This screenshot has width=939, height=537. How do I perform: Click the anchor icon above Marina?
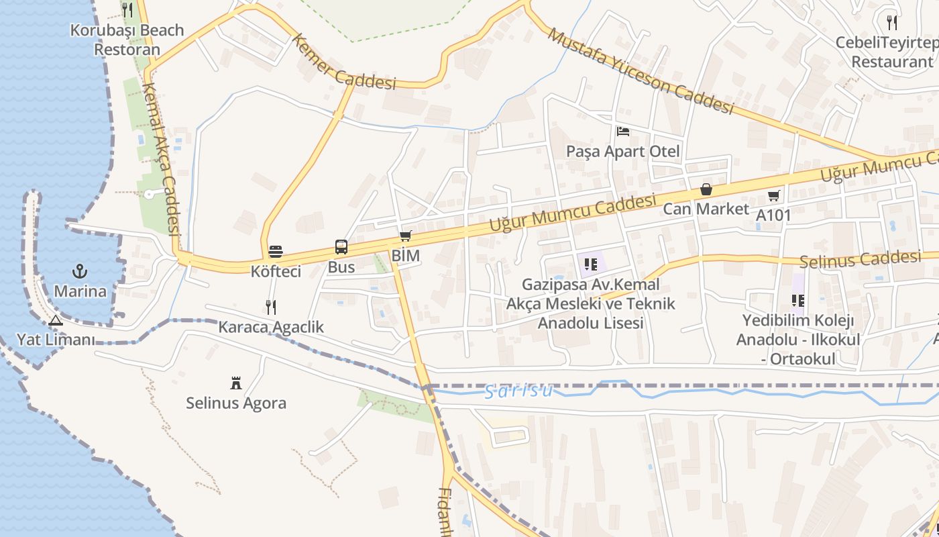[80, 272]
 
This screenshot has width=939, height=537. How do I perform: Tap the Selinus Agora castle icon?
[235, 383]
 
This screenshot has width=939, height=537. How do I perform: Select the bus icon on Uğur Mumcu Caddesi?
[341, 247]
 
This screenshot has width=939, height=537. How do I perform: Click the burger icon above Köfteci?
[276, 252]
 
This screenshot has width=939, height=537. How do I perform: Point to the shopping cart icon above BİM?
[405, 236]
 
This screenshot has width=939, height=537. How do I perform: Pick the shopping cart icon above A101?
[774, 195]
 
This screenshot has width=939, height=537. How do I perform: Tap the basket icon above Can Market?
[706, 189]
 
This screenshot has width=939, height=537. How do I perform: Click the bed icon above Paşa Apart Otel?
[623, 131]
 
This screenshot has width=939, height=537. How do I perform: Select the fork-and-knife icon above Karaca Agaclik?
[271, 307]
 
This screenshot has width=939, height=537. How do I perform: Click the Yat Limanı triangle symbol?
[56, 320]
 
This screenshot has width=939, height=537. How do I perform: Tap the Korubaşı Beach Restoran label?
[127, 40]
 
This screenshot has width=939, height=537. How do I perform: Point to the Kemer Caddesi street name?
[344, 62]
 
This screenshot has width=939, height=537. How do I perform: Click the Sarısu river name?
[519, 391]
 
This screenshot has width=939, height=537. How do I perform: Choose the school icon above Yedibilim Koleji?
[797, 300]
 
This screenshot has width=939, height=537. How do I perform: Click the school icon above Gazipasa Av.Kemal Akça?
[591, 264]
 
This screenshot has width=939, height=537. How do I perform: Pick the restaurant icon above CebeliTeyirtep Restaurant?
[892, 23]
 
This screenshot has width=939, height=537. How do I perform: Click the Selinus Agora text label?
[236, 403]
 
